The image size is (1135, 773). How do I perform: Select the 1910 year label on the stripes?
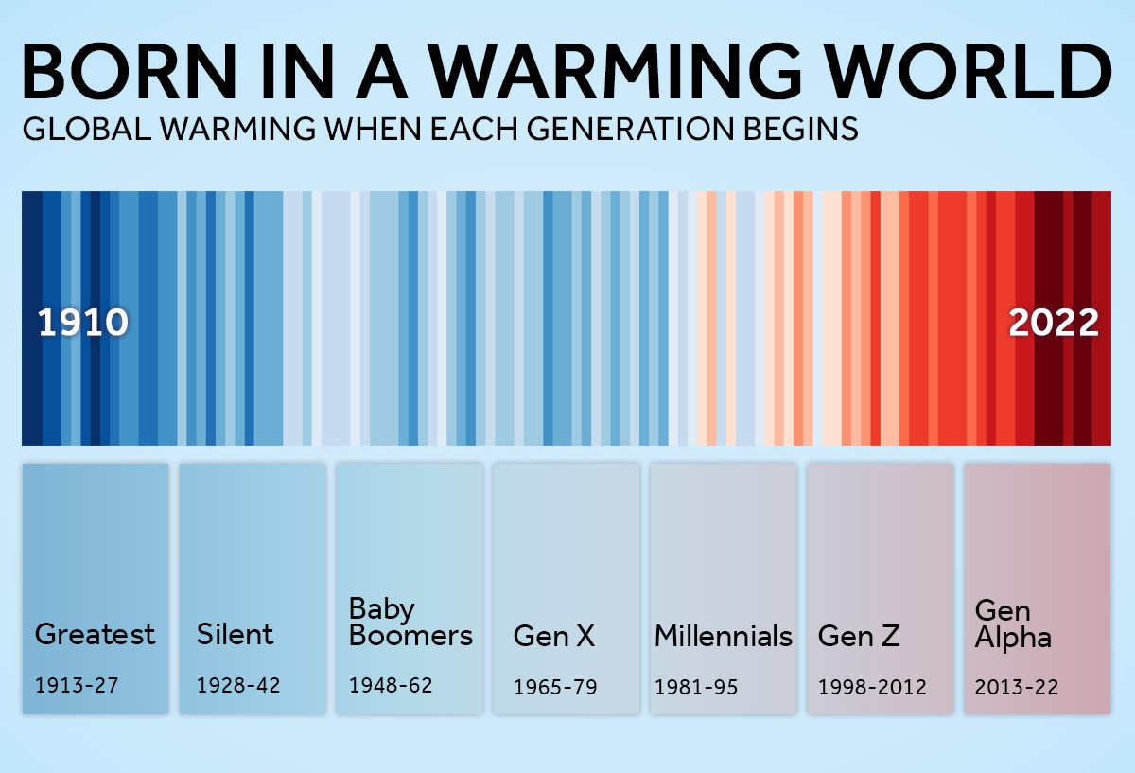click(83, 324)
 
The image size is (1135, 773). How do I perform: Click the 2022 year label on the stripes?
click(1054, 324)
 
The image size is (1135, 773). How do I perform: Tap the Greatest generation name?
click(95, 634)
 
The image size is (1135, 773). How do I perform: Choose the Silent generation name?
click(235, 634)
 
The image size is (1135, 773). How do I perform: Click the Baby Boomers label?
click(410, 622)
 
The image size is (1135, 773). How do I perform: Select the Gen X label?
click(554, 636)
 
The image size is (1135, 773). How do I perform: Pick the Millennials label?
click(724, 636)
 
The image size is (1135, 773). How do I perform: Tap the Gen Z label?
click(859, 636)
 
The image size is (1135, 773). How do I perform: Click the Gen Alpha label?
click(1013, 624)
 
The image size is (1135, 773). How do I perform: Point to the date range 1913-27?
click(77, 685)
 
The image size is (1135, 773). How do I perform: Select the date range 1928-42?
click(238, 685)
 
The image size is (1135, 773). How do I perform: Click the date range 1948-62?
click(391, 685)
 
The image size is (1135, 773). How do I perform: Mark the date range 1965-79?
click(555, 687)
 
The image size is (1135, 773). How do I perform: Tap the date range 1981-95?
click(696, 687)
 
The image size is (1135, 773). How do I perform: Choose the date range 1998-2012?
click(872, 687)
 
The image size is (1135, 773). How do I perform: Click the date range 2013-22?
click(1017, 687)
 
